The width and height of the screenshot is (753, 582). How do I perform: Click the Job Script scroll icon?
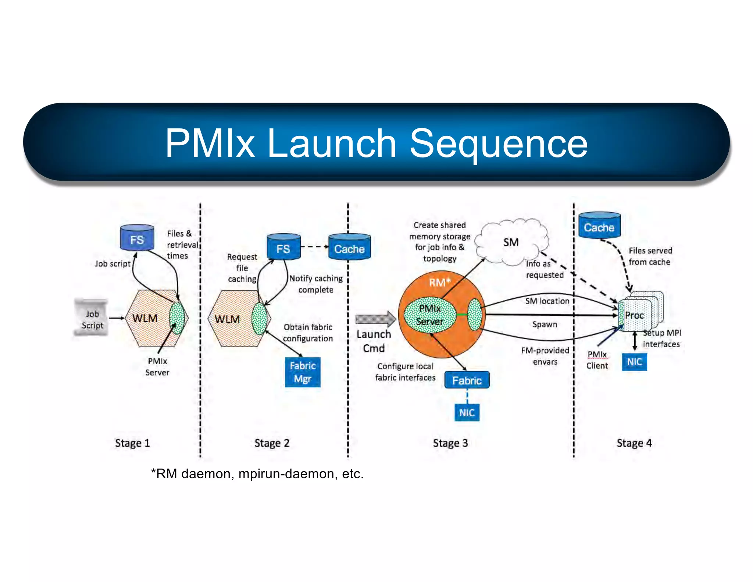(x=92, y=318)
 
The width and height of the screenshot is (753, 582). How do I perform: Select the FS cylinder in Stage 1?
(x=137, y=238)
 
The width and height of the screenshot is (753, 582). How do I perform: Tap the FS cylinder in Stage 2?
(x=283, y=247)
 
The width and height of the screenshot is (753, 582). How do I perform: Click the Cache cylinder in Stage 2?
(x=349, y=247)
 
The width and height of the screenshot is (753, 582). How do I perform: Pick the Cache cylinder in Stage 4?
(x=599, y=226)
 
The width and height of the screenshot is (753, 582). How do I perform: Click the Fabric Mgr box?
(x=303, y=372)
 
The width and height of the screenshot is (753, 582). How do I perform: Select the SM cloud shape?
(x=511, y=242)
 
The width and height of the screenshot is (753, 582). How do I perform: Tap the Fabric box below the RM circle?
(x=467, y=380)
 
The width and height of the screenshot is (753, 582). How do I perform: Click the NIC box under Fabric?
(x=467, y=412)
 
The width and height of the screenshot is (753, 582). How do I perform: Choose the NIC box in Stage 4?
(x=634, y=362)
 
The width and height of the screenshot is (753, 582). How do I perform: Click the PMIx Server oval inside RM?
(x=429, y=315)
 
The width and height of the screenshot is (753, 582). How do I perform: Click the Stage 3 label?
(x=450, y=443)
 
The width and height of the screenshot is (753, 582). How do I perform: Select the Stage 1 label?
(x=132, y=443)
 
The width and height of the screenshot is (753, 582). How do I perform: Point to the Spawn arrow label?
(x=545, y=324)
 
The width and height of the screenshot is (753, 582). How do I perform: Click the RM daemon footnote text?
(x=257, y=474)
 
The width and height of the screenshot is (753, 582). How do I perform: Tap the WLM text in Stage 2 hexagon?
(x=227, y=319)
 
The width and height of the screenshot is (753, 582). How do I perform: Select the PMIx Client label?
(x=597, y=360)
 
